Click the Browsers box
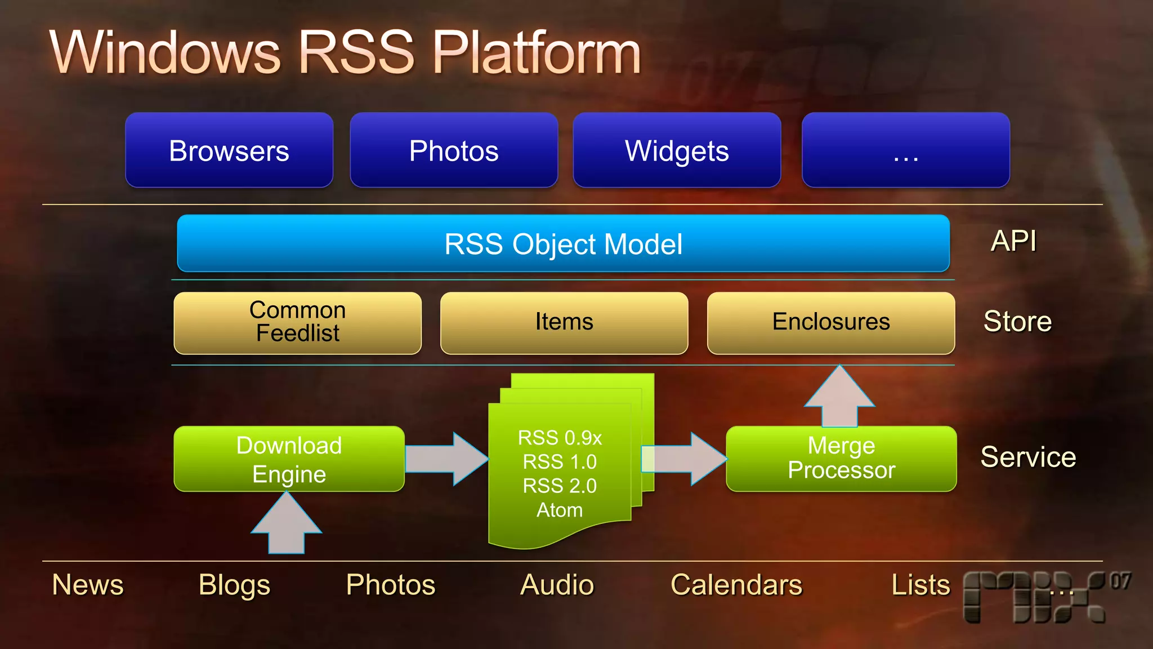pos(229,150)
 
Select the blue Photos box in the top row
pos(454,150)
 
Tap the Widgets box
pos(677,150)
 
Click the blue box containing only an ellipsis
pos(905,150)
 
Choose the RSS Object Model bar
pos(563,244)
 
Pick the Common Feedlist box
pos(297,323)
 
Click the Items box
pos(564,323)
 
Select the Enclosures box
pos(831,323)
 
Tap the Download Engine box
pos(289,459)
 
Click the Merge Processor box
pos(841,459)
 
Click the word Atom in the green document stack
pos(560,510)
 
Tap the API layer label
pos(1013,241)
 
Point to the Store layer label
pos(1017,322)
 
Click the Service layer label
pos(1028,457)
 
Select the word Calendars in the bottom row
pos(736,585)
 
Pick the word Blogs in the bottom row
pos(234,585)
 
